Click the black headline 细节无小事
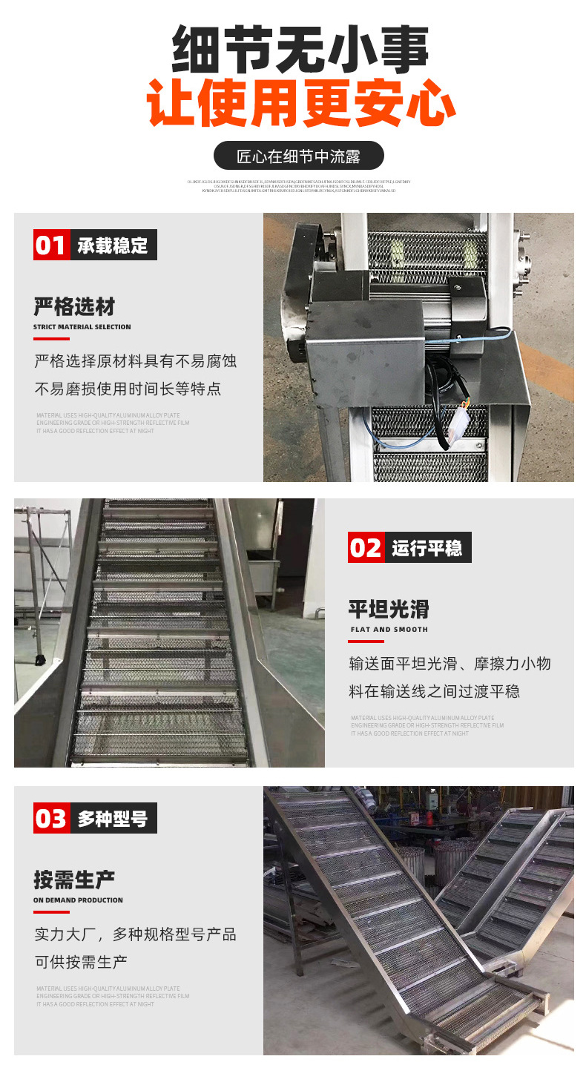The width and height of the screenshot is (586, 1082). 300,50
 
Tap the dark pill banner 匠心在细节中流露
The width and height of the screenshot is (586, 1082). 298,156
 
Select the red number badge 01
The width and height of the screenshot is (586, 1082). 51,245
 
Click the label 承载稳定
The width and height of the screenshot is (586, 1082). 113,245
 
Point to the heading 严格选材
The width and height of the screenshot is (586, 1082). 74,306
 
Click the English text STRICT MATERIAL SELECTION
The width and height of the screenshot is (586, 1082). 82,327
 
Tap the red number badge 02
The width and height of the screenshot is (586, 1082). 366,547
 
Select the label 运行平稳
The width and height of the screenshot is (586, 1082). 427,548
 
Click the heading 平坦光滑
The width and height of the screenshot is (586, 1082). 389,609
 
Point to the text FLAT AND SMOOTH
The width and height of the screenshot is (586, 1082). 389,630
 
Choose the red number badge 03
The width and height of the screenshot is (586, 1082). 51,818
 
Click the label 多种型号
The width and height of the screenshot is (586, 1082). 113,819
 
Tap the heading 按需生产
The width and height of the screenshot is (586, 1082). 74,880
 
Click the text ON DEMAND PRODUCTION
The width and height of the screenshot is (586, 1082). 78,900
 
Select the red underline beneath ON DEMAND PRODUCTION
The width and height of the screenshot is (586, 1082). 51,912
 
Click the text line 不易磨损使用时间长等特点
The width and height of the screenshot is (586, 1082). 128,389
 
